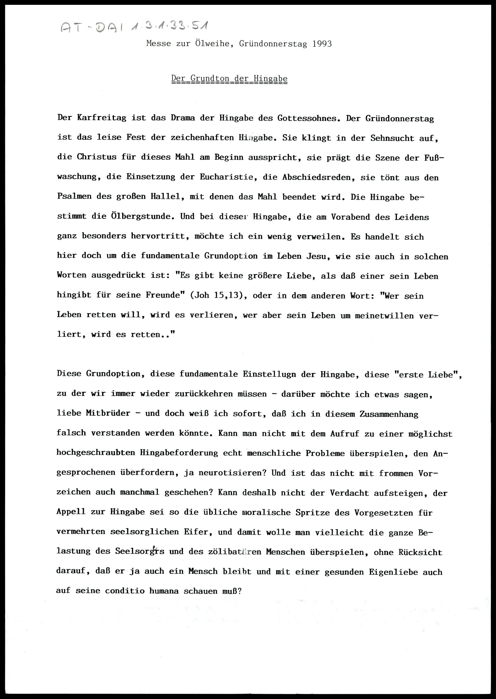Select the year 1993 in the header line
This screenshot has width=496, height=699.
click(322, 44)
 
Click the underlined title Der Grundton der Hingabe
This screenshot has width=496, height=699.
click(229, 79)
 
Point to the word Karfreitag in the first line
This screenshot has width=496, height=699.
click(101, 118)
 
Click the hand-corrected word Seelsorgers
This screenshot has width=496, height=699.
click(140, 551)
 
